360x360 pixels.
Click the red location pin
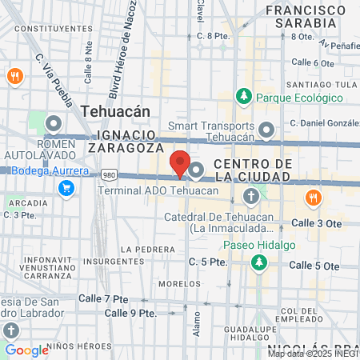click(180, 163)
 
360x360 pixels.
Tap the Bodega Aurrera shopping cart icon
click(67, 189)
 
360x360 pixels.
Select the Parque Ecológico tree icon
click(243, 97)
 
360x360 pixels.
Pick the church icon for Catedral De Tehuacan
click(251, 197)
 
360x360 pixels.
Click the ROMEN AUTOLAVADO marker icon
click(54, 124)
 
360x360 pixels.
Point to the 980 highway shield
click(108, 175)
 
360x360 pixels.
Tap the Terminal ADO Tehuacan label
click(158, 191)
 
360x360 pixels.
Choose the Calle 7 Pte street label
click(104, 298)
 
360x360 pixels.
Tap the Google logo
click(26, 350)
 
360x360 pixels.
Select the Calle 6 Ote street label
click(313, 62)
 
